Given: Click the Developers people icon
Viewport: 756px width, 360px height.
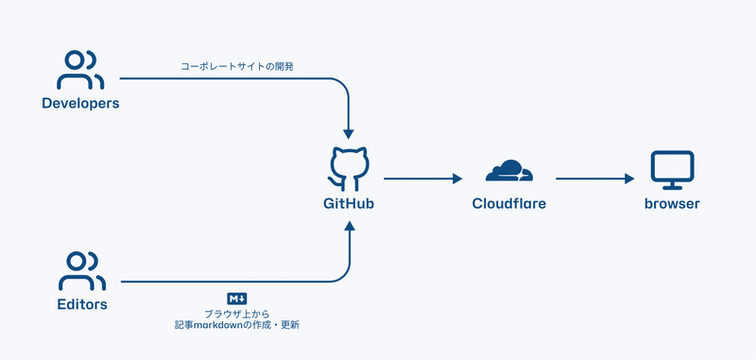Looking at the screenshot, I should (80, 70).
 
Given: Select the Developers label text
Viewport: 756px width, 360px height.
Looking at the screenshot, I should (80, 103).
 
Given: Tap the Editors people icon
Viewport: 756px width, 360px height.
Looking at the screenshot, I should (80, 271).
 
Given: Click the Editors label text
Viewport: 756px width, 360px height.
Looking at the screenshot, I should (80, 304).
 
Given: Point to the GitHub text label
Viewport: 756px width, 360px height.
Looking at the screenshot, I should (350, 203).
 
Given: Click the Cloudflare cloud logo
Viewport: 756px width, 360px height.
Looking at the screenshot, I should (508, 171).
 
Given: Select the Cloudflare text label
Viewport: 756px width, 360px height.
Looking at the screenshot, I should (508, 203).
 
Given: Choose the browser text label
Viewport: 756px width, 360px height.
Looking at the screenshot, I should (672, 203).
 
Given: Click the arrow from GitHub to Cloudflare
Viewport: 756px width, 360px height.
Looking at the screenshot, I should (421, 178).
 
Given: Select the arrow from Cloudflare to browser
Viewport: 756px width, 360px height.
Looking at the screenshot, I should (593, 178).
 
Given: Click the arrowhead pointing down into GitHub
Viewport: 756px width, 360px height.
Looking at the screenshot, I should (350, 133).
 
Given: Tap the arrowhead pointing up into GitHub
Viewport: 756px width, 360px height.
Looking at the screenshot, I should (350, 228).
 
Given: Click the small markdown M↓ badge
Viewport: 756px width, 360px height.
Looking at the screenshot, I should (236, 299).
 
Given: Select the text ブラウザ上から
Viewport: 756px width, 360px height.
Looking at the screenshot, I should (236, 313).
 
